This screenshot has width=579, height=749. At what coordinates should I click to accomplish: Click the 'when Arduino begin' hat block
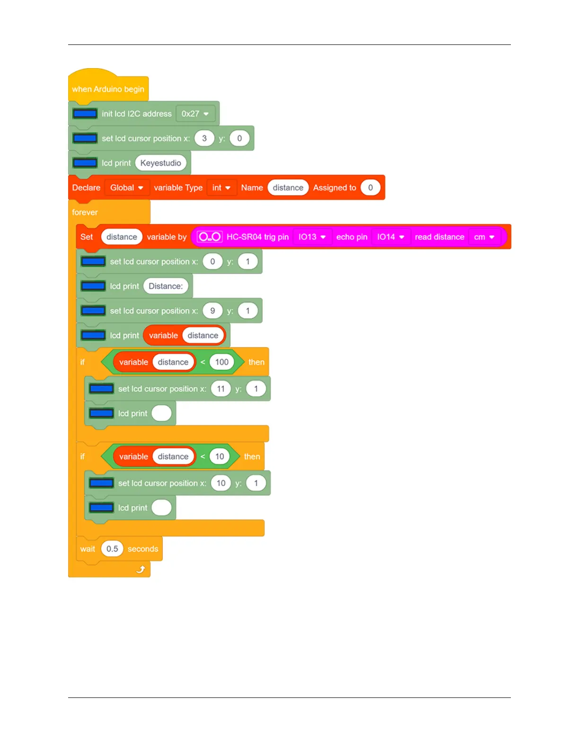tap(108, 89)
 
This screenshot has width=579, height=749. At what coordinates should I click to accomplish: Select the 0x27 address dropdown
tap(195, 114)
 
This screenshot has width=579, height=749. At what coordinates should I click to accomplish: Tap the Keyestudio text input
tap(160, 163)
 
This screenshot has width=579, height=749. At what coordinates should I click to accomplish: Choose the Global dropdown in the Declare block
tap(126, 188)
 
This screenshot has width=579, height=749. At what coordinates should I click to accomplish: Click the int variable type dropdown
tap(221, 188)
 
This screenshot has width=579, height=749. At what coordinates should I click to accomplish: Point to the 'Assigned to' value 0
tap(370, 188)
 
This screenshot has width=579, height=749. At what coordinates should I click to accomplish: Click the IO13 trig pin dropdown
tap(312, 237)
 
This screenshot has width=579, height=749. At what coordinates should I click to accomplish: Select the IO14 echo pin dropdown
tap(390, 237)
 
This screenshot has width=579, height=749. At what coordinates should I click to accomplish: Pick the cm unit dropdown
tap(484, 237)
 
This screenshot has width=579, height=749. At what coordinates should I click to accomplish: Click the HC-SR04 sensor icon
tap(209, 237)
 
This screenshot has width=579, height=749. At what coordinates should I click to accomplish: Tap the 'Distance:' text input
tap(166, 286)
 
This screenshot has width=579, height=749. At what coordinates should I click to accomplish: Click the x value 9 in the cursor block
tap(212, 311)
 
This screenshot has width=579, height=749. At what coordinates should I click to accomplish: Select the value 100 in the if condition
tap(221, 362)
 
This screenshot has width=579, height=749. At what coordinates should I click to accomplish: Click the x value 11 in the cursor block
tap(221, 389)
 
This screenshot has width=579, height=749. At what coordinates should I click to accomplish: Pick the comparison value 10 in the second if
tap(219, 456)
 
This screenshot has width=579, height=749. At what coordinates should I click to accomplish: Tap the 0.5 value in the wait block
tap(112, 549)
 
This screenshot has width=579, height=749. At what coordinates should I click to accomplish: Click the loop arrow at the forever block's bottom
tap(140, 569)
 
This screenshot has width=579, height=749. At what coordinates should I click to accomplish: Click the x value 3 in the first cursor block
tap(204, 139)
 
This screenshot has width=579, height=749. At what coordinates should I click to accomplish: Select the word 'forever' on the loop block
tap(85, 212)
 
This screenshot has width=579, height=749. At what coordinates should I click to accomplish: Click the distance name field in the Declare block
tap(288, 188)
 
